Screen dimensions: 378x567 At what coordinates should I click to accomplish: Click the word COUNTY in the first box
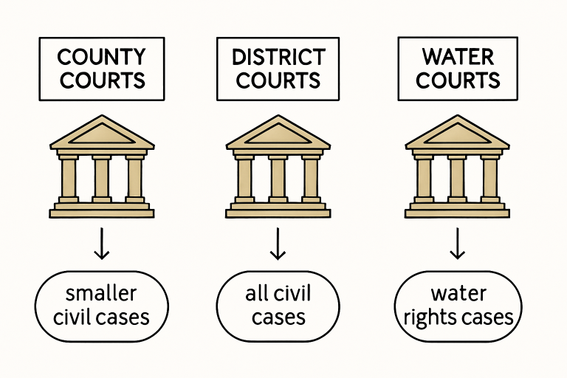point(102,57)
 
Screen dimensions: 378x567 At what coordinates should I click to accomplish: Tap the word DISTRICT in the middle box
point(278,57)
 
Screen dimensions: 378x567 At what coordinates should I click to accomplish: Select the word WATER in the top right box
point(458,57)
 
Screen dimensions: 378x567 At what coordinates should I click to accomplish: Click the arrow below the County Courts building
point(102,244)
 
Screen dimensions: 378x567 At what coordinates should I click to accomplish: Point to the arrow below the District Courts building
point(278,244)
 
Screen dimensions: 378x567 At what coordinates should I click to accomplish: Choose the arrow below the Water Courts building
point(458,244)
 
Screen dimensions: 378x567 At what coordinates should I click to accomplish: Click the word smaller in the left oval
point(102,294)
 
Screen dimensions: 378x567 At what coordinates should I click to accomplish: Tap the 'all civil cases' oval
point(278,305)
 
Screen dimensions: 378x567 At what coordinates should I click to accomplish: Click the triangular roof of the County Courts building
point(102,133)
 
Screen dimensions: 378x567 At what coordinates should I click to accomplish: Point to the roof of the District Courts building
point(278,133)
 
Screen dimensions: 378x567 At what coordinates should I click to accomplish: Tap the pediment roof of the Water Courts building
point(458,133)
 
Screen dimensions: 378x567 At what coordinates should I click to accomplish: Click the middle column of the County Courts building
point(102,178)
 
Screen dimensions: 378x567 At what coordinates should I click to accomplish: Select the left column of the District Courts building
point(245,178)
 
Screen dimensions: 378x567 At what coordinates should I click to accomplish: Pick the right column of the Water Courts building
point(489,178)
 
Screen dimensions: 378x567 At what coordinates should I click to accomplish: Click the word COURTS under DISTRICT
point(278,79)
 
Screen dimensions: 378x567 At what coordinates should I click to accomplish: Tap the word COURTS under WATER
point(458,79)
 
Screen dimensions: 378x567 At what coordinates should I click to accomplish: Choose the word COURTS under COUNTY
point(102,79)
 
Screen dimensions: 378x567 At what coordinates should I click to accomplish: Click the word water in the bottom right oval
point(458,294)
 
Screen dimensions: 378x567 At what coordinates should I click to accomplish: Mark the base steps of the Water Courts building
point(458,210)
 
